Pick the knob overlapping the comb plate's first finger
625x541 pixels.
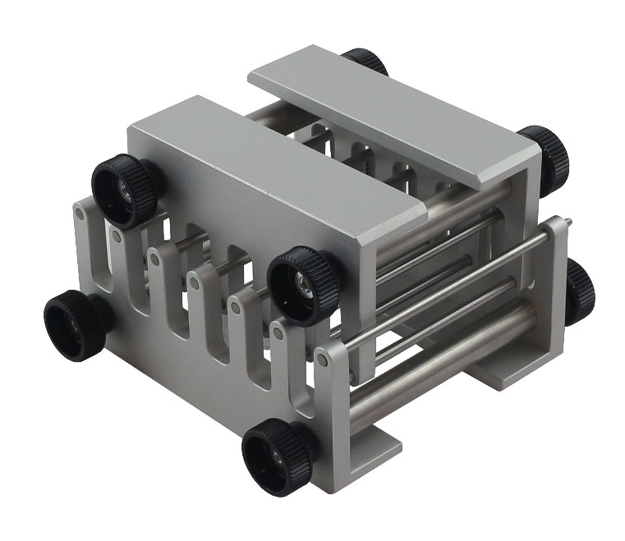(x=122, y=189)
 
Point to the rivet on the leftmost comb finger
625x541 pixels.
(x=78, y=215)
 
